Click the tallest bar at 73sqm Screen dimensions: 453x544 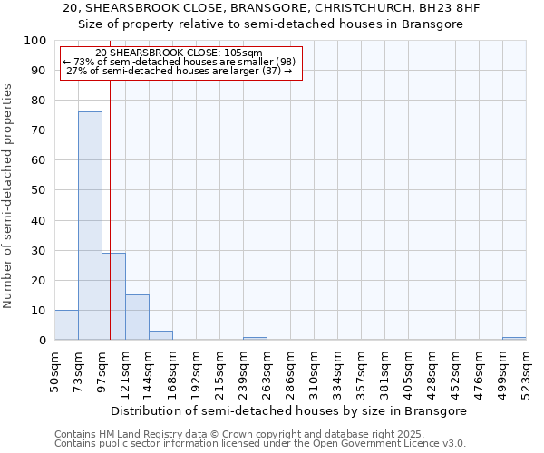tap(90, 226)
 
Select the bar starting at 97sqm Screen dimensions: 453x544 tap(113, 296)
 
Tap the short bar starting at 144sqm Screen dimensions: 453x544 tap(160, 335)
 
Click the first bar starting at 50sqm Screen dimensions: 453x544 tap(66, 325)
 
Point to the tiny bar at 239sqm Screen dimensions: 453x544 tap(255, 338)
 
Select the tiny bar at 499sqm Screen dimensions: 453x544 tap(514, 338)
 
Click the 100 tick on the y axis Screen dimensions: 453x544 tap(35, 41)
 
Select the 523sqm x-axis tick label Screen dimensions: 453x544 tap(526, 371)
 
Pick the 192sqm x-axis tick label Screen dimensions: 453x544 tap(197, 371)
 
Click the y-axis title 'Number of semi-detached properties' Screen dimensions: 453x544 tap(9, 196)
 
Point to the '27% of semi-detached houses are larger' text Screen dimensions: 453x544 tap(179, 72)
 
